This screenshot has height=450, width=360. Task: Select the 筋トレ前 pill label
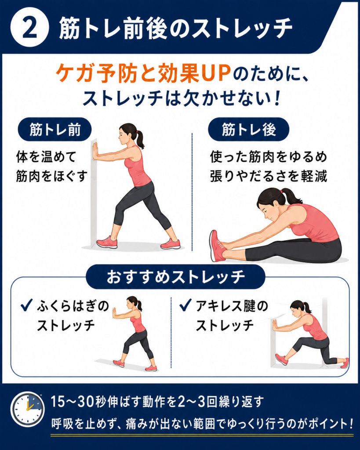tap(55, 130)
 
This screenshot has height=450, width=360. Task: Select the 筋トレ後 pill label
tap(249, 130)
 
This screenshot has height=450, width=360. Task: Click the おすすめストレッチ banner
tap(175, 277)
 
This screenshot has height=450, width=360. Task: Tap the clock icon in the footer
tap(28, 409)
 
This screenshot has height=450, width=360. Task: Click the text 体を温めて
tap(47, 157)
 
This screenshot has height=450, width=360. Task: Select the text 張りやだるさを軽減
tap(269, 176)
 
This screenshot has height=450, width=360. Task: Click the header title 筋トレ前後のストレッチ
tap(176, 28)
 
